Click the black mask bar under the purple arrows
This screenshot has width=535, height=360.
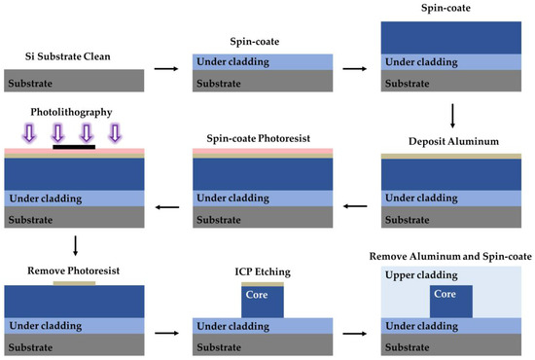point(74,146)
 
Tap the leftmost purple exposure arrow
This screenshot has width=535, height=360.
point(29,132)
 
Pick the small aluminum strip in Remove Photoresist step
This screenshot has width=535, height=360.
point(74,283)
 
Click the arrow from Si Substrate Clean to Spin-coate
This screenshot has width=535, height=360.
point(168,68)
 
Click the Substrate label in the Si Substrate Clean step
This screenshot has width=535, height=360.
point(32,84)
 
